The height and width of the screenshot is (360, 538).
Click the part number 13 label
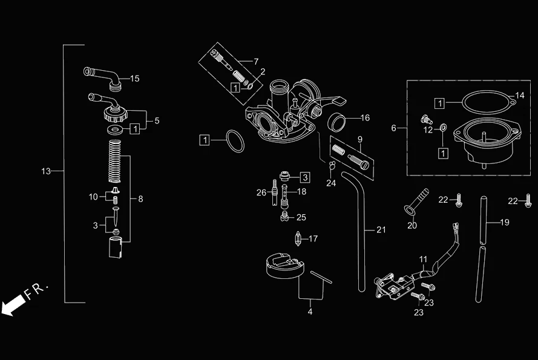(46, 171)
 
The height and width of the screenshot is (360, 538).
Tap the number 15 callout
(134, 79)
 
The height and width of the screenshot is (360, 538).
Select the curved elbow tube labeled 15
(100, 76)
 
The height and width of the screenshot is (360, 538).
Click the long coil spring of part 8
(115, 161)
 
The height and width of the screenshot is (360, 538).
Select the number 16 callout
(365, 117)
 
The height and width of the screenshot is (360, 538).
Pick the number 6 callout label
(394, 128)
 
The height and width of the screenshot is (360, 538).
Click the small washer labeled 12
(442, 128)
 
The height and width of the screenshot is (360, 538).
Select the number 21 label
(380, 230)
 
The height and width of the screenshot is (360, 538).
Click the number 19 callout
(505, 222)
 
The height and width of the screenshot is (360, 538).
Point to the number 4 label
(310, 312)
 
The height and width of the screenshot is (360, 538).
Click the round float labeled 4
(284, 266)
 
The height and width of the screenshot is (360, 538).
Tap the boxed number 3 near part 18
(305, 177)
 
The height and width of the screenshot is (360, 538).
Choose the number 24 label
(331, 183)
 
